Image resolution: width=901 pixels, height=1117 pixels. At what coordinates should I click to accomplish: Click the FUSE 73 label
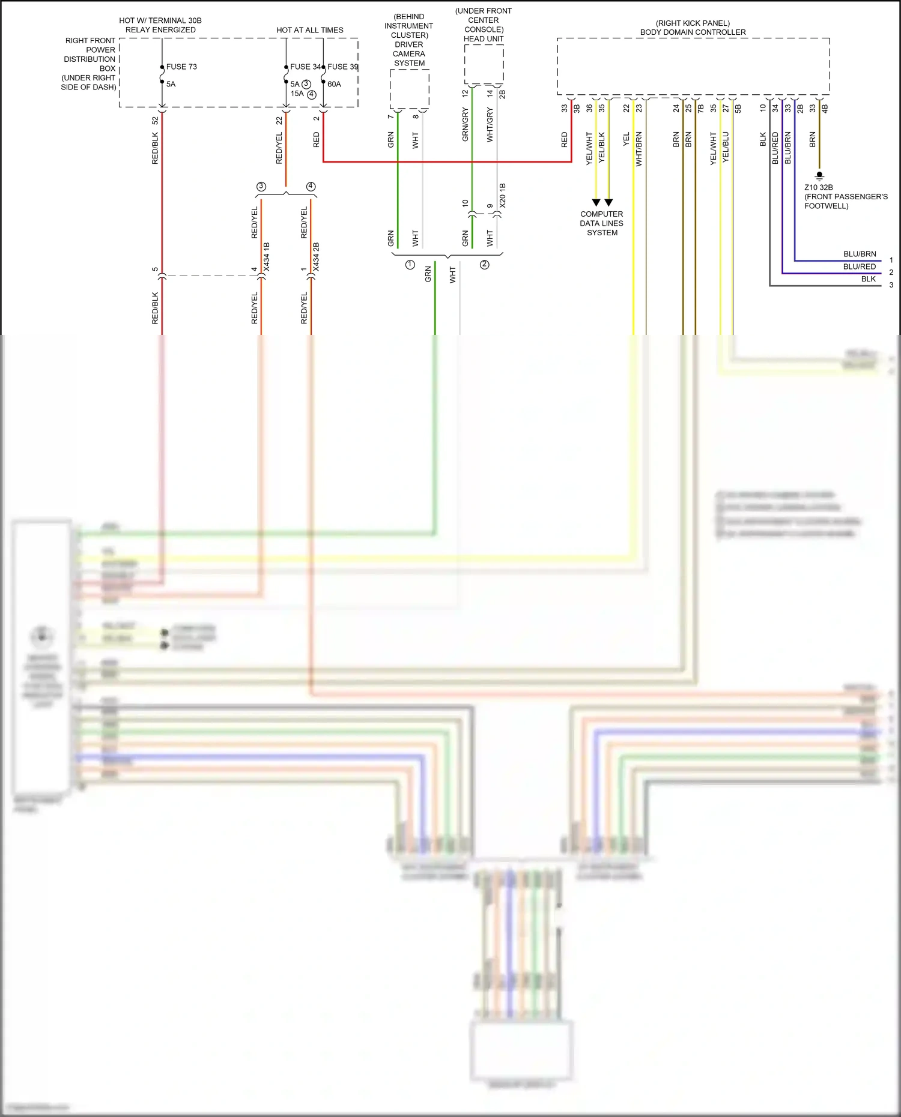click(181, 67)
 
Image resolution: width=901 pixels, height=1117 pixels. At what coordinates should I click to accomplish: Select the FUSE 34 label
click(305, 67)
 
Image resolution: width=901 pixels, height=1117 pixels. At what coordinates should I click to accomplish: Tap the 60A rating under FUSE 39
click(334, 84)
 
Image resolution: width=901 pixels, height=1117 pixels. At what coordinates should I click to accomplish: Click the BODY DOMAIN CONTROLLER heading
click(693, 32)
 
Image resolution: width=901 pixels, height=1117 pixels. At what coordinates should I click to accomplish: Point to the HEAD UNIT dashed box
click(484, 64)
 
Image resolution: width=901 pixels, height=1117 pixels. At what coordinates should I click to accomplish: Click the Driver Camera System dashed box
click(410, 89)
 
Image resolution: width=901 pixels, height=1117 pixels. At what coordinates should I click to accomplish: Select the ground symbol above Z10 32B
click(819, 176)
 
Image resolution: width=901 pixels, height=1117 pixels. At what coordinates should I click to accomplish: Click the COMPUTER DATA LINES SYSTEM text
click(601, 223)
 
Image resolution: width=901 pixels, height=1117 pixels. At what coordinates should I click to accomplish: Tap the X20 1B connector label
click(503, 196)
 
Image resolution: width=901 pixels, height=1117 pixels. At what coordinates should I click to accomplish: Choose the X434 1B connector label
click(267, 257)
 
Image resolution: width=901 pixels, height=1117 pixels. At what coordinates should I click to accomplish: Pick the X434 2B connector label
click(317, 257)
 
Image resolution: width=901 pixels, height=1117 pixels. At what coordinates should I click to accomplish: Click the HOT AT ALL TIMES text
click(310, 30)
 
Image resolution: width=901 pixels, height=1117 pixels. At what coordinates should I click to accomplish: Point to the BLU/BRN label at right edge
click(860, 254)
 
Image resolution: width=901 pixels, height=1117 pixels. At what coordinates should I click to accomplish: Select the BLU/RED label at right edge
click(860, 266)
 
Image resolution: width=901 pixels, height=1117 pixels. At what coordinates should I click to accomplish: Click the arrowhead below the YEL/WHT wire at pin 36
click(596, 202)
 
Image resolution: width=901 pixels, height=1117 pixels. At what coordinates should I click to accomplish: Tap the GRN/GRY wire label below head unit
click(465, 125)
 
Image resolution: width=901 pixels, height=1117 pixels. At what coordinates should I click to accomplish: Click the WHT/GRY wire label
click(490, 125)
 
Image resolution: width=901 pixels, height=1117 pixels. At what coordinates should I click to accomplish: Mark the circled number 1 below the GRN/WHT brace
click(410, 265)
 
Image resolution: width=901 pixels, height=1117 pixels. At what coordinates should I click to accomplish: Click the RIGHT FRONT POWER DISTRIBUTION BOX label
click(89, 64)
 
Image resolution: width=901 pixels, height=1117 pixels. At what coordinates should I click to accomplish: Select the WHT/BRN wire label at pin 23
click(639, 149)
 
